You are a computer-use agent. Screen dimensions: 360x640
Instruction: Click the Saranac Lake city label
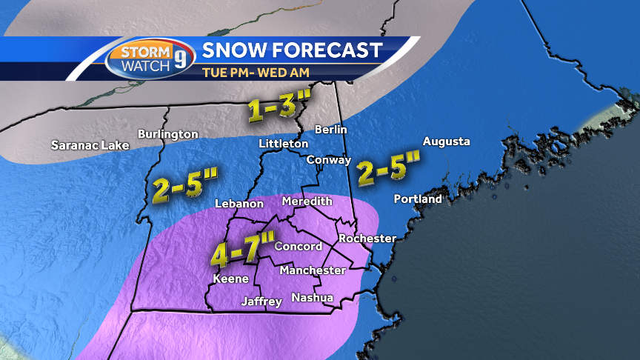90,145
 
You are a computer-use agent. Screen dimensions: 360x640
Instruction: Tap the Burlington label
168,134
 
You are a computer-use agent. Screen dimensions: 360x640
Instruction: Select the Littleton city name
284,143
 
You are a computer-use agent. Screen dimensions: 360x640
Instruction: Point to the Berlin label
331,130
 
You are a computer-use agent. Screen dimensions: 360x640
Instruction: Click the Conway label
329,159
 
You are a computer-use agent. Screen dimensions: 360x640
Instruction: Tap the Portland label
418,199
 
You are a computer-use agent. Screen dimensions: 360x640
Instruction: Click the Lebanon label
239,204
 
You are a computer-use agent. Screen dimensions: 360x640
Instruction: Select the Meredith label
307,201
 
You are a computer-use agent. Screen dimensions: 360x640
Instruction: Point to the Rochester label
367,239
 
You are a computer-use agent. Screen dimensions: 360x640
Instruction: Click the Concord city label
299,247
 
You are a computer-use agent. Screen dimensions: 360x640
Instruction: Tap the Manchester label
312,270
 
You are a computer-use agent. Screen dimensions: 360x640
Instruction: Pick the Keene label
227,279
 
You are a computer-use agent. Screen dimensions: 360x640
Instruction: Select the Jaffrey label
261,301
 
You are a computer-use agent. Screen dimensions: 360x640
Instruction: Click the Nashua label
312,298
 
